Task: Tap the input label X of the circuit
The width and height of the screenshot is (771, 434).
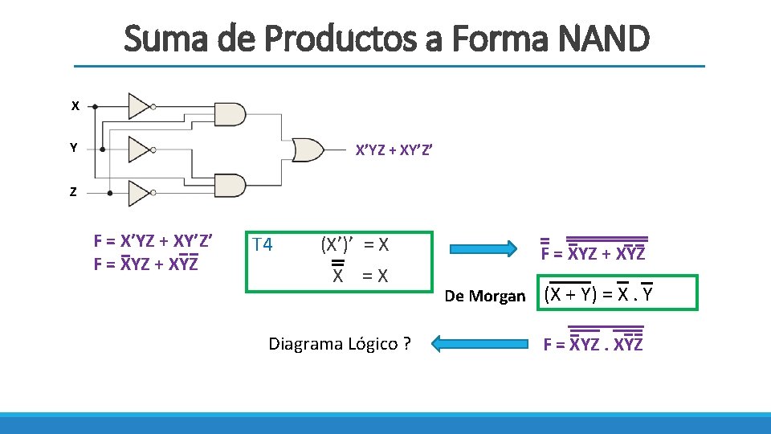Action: click(x=75, y=106)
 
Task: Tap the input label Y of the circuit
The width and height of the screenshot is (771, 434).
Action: click(x=74, y=149)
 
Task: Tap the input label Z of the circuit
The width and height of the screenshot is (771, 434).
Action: click(x=74, y=192)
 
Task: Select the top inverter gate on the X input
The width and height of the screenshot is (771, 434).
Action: click(x=139, y=105)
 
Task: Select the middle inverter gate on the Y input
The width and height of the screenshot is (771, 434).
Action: click(x=139, y=149)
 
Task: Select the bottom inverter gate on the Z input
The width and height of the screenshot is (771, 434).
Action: click(x=139, y=192)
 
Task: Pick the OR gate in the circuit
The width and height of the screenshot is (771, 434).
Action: click(x=308, y=149)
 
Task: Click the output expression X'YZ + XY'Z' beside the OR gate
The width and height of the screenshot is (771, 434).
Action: click(x=394, y=149)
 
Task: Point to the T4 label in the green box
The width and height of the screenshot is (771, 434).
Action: click(x=263, y=244)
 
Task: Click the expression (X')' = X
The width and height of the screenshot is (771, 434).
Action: click(x=354, y=244)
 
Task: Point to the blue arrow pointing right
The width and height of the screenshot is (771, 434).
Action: click(x=482, y=248)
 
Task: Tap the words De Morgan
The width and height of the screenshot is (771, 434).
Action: click(x=485, y=297)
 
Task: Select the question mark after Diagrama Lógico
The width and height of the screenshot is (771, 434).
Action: click(x=407, y=345)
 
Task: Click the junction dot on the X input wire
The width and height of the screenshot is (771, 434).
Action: click(x=96, y=105)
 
